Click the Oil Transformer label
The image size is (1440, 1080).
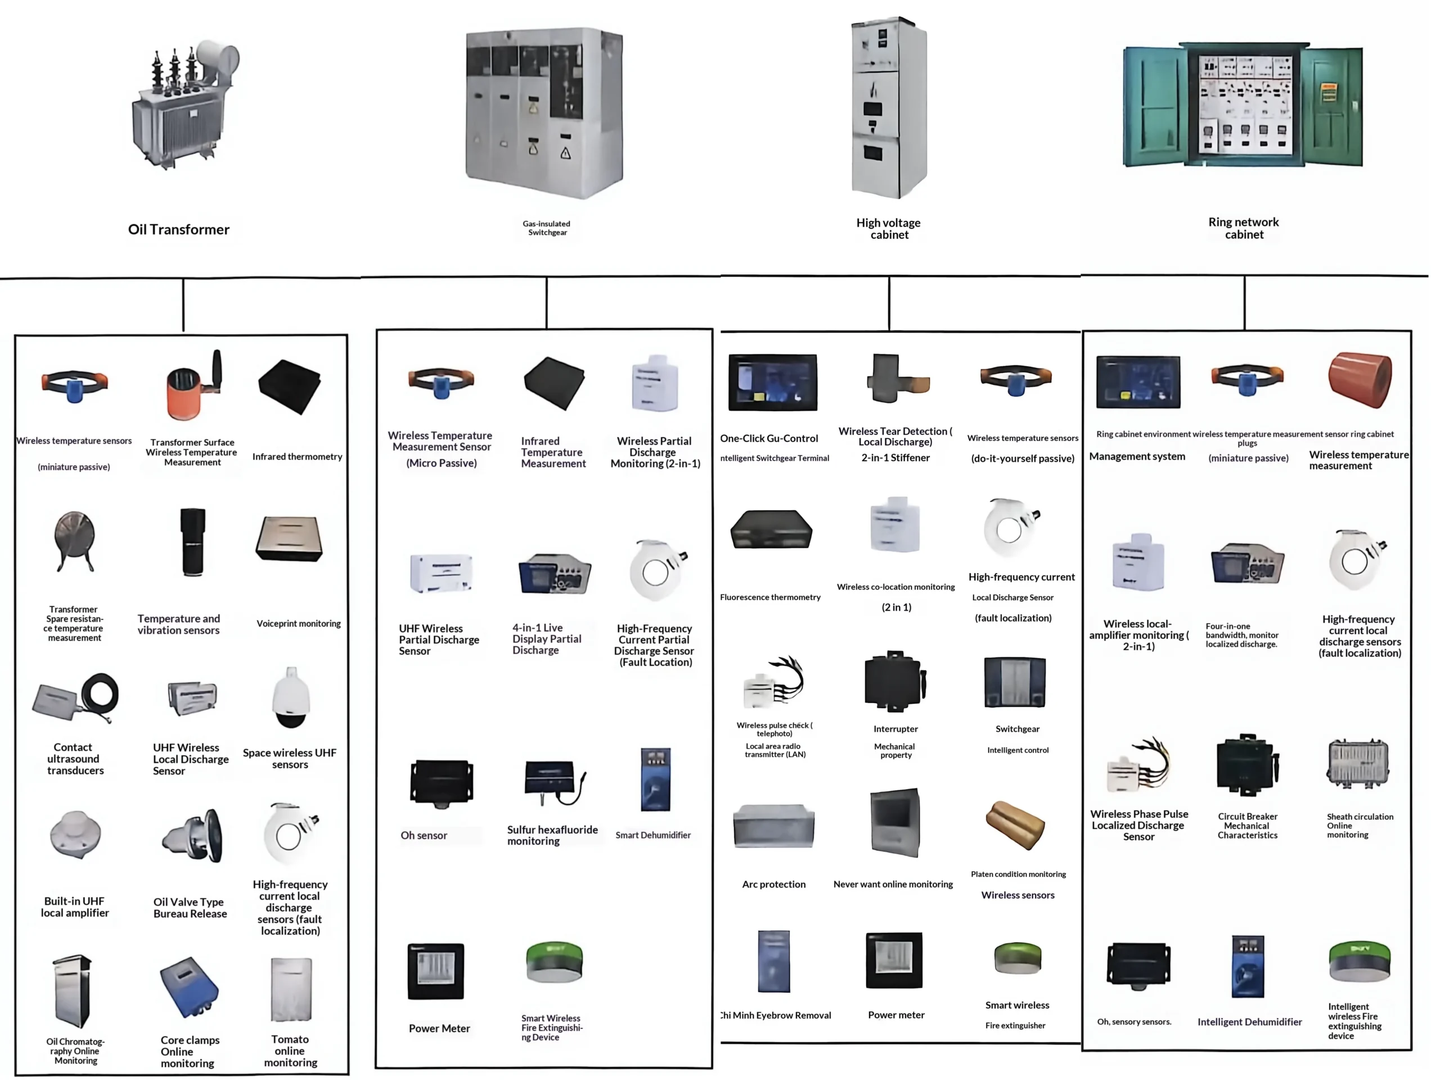pos(178,229)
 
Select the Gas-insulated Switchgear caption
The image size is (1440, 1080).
pos(547,228)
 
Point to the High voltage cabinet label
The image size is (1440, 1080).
pos(889,228)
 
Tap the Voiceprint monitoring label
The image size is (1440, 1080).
pos(298,624)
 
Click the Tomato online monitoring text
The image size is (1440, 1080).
pos(290,1051)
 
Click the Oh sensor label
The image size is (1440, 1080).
pos(424,835)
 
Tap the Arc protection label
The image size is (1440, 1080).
pos(773,884)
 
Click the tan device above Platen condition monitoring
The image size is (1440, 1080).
pos(1015,825)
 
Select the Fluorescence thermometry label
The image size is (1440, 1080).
pos(770,597)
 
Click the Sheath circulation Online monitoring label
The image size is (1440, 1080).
pos(1360,825)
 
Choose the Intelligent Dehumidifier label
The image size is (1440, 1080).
pos(1249,1022)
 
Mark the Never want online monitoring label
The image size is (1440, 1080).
pos(893,884)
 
